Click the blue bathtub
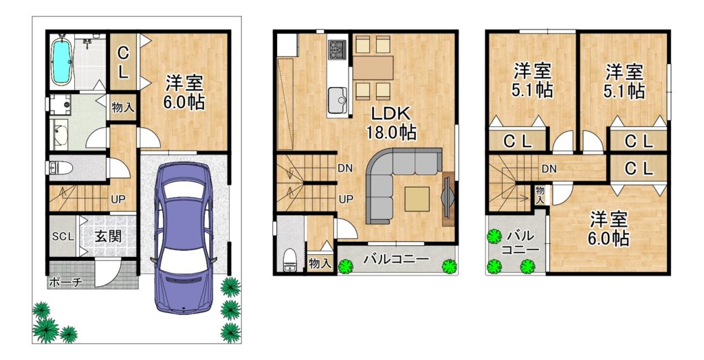pos(61,61)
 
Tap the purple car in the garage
pos(183,238)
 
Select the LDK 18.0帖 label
pos(390,123)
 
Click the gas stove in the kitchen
pos(337,49)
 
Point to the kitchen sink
pos(337,100)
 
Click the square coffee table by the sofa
pos(417,199)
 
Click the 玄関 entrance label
pos(108,236)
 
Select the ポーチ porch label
pos(65,282)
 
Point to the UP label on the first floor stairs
pos(118,199)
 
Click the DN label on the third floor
pos(549,169)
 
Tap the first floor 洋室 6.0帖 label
pos(184,93)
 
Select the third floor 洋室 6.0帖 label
pos(609,229)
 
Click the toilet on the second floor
pos(290,260)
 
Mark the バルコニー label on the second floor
pos(397,259)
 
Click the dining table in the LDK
pos(373,68)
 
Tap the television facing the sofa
pos(448,199)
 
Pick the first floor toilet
pos(60,168)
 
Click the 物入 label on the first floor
pos(122,108)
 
